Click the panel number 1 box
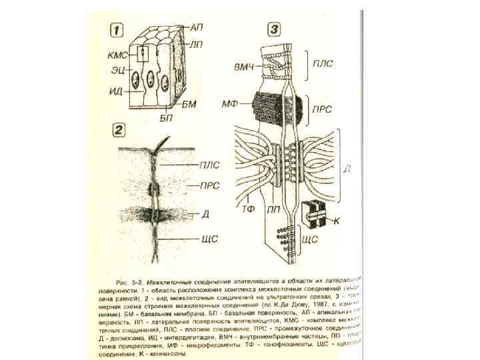click(117, 30)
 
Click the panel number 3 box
click(275, 30)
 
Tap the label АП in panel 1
click(197, 27)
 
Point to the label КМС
click(118, 53)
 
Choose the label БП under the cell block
click(166, 117)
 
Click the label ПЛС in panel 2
click(210, 165)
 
